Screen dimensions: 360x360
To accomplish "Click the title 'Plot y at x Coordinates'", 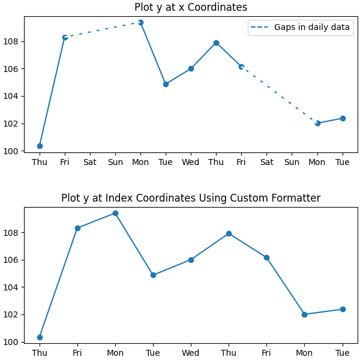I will (x=190, y=8).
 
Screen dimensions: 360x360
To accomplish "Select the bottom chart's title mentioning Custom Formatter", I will (x=190, y=199).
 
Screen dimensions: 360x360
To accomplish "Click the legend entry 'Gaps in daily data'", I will (x=300, y=28).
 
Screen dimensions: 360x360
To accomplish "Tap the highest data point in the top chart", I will (x=140, y=22).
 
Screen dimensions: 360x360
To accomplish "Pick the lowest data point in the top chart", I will (x=40, y=146).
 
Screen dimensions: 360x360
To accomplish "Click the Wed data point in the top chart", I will (x=191, y=68).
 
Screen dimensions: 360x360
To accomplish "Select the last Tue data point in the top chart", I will (x=343, y=118).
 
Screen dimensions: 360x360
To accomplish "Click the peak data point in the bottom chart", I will (x=115, y=213).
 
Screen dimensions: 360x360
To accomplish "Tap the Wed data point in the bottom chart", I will (x=191, y=260).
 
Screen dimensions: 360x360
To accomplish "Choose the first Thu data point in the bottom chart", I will (x=40, y=337).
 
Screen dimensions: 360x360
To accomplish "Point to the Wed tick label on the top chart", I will (x=191, y=163).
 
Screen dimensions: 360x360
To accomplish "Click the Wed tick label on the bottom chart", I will (x=191, y=353).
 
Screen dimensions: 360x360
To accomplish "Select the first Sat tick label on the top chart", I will (x=90, y=163).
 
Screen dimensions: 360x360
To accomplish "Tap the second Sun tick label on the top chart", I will (x=292, y=163).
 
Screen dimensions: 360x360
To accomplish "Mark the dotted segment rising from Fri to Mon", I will (x=103, y=30).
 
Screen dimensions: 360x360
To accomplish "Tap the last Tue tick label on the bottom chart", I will (x=343, y=353).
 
